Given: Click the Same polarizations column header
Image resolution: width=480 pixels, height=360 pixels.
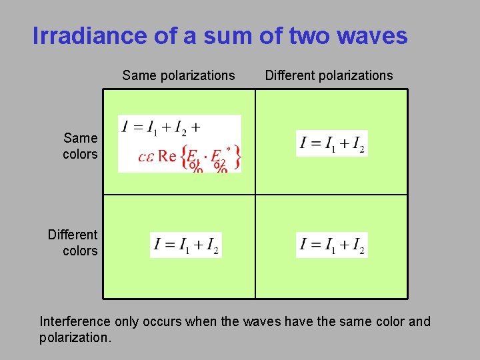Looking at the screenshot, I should pos(179,75).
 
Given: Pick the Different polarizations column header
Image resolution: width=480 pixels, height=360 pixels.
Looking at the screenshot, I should pos(329,75).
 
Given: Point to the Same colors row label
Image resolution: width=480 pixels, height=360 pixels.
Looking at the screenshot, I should pos(80,146).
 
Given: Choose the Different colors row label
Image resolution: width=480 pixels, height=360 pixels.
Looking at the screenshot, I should pos(73,243).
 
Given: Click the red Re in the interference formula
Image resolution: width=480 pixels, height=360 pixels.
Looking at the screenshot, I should pos(167,157).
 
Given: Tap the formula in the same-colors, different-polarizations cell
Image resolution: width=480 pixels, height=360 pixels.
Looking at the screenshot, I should pos(331,143).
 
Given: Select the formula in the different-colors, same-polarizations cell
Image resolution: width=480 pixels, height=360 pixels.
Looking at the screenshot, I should pos(185,245).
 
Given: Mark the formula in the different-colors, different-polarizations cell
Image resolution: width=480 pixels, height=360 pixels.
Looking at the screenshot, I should pos(331,245).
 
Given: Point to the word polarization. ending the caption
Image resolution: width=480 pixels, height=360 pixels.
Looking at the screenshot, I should pos(75,337).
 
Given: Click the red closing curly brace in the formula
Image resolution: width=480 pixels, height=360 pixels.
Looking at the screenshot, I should pos(237,157).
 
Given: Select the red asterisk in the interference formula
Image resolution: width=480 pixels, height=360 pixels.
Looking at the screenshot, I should pos(229,148).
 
